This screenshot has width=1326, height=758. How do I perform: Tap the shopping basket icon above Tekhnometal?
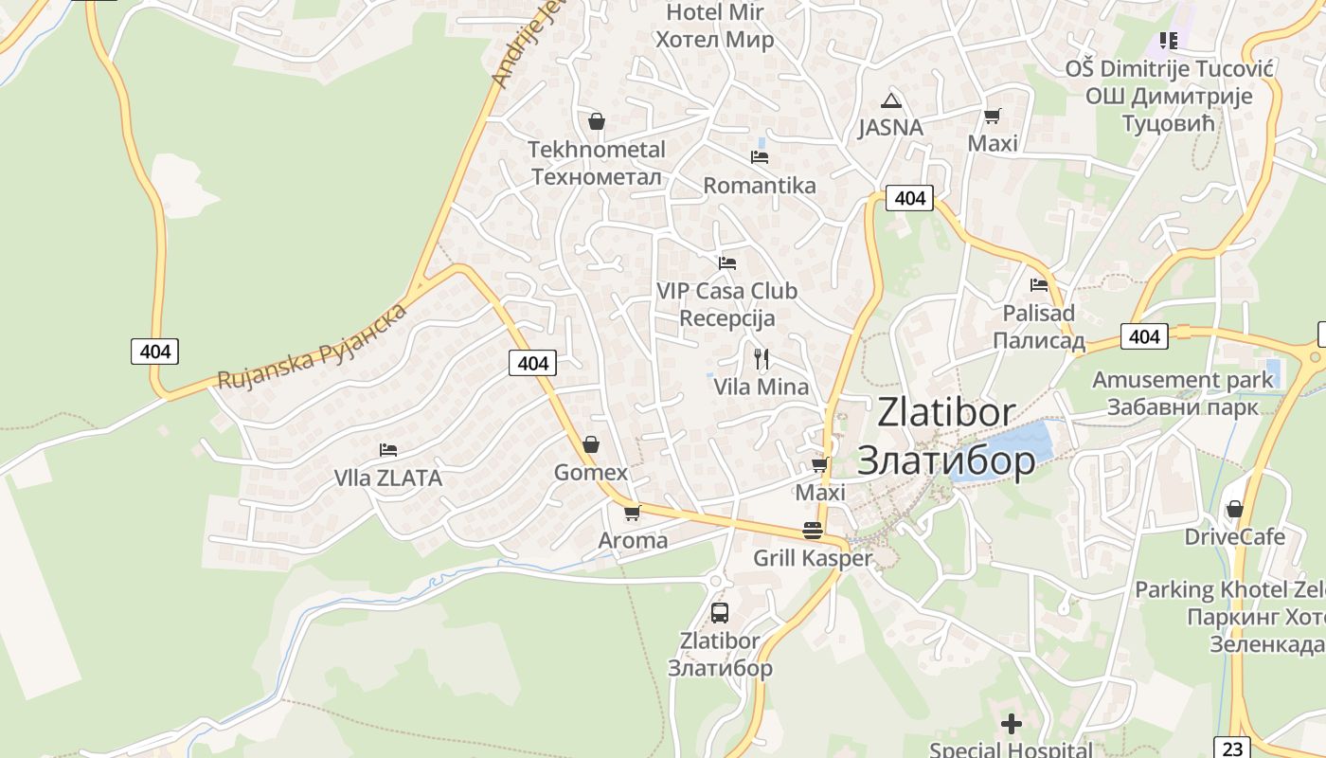597,121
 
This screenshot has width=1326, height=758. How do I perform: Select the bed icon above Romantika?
759,156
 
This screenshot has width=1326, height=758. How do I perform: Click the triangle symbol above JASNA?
889,100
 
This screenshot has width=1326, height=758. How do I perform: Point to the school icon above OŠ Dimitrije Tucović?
1169,41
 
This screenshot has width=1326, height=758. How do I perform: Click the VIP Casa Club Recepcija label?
727,304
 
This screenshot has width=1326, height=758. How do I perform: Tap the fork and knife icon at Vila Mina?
761,358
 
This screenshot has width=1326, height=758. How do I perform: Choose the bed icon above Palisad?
1039,284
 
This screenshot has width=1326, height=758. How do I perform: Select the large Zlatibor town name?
946,436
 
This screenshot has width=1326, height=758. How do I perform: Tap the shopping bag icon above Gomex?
591,444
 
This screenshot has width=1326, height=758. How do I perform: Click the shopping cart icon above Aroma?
632,514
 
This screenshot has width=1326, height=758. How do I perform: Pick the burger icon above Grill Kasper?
812,531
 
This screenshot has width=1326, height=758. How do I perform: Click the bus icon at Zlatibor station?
720,612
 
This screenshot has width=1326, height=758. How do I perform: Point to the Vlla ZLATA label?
388,478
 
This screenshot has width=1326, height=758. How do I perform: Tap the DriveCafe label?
1235,537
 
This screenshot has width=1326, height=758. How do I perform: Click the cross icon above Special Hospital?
1012,725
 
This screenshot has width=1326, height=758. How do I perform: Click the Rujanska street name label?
313,347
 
